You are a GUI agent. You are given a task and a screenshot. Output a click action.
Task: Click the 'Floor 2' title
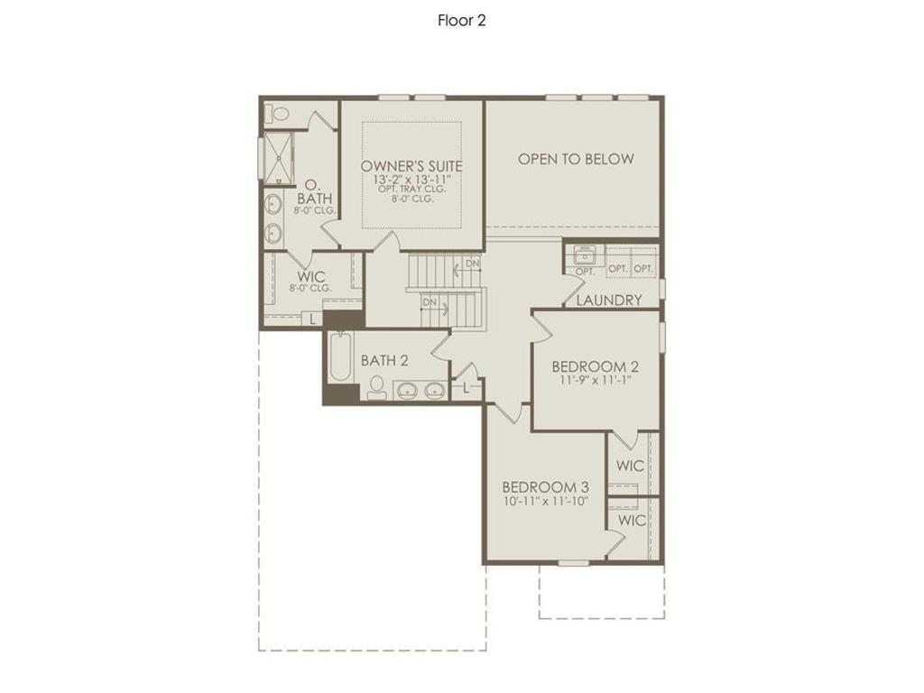pos(461,21)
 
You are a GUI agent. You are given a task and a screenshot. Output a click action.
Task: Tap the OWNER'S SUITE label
pos(411,167)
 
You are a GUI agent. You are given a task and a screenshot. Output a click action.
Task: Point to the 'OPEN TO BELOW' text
pos(576,159)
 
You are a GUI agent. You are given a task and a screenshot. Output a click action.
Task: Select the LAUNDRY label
pos(609,300)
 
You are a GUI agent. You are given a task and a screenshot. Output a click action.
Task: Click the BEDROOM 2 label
pos(595,366)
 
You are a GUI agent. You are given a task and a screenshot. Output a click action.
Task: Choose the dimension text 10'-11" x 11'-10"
pos(545,501)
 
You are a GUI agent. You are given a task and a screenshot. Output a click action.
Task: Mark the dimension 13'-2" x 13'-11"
pos(411,180)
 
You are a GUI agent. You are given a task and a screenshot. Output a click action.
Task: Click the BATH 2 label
pos(384,360)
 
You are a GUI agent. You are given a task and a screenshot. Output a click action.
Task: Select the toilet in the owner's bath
pos(279,115)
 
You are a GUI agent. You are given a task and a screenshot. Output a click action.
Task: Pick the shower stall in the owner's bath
pos(279,158)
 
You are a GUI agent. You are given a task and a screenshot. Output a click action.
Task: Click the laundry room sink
pos(585,255)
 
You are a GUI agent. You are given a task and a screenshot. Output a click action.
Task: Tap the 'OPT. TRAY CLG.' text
pos(411,190)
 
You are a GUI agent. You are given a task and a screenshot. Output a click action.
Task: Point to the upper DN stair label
pos(473,264)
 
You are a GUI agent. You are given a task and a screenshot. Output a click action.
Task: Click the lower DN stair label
pos(430,301)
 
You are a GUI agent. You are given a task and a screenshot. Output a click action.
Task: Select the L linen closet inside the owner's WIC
pos(312,319)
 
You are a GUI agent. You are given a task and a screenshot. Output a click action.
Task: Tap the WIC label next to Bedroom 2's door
pos(630,466)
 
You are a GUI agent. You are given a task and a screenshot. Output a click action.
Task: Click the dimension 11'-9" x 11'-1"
pos(595,381)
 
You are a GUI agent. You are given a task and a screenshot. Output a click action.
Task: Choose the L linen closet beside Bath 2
pos(466,388)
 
